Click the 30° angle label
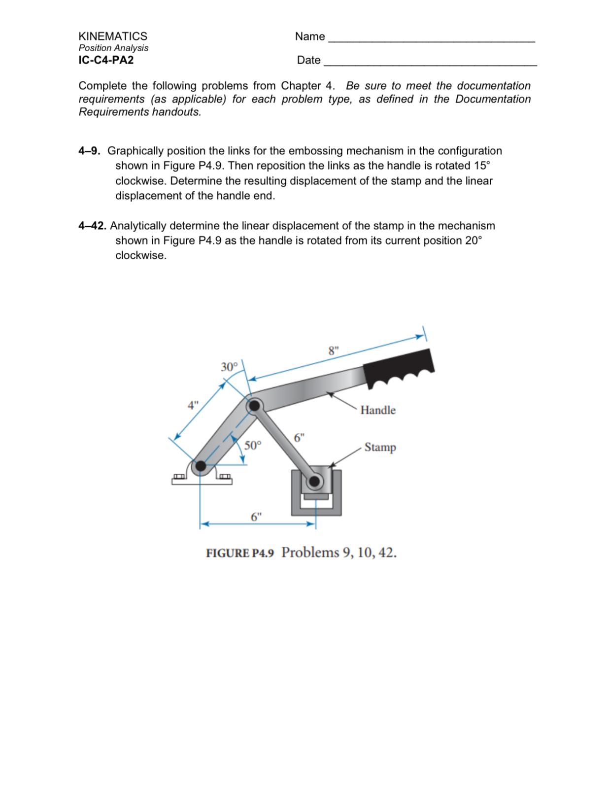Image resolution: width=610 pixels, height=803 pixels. [x=229, y=367]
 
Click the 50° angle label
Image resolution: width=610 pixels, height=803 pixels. [x=253, y=446]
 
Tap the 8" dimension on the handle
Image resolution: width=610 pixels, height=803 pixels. [x=334, y=351]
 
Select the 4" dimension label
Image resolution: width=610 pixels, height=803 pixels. [x=193, y=405]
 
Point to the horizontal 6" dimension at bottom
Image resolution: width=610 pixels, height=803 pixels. [x=256, y=517]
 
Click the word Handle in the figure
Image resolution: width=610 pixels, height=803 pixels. [x=378, y=410]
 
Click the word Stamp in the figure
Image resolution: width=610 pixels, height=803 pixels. [x=380, y=447]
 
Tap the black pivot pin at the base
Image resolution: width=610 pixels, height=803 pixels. [x=201, y=466]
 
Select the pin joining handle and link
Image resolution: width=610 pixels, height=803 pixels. [x=254, y=406]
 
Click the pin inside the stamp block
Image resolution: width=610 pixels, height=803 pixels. [x=314, y=481]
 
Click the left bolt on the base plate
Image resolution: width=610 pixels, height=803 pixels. [x=178, y=477]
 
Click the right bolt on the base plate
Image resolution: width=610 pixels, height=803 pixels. [x=225, y=477]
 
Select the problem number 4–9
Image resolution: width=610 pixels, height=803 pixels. [x=89, y=151]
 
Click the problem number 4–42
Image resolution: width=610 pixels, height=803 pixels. [x=92, y=226]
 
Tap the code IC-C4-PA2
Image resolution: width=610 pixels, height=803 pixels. [x=106, y=60]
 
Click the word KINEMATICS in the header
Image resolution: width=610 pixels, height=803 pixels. [x=113, y=36]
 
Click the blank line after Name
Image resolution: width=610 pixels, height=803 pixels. [x=431, y=39]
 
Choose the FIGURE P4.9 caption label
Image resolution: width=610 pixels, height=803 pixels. [x=240, y=553]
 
